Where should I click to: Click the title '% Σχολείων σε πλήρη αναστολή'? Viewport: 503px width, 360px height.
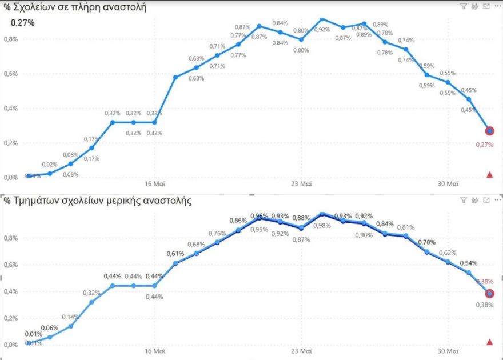click(x=75, y=7)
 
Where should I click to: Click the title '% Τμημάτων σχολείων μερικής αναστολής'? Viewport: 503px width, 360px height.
click(x=98, y=201)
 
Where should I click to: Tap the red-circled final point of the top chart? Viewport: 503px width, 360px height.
click(x=489, y=131)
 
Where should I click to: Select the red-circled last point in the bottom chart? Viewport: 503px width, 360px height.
click(x=489, y=294)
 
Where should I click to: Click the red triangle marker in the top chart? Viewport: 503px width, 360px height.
click(x=489, y=174)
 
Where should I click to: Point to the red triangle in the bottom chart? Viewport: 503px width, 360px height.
click(x=489, y=342)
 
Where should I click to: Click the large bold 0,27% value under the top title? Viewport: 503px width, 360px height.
click(x=23, y=23)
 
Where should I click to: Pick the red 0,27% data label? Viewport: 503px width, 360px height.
click(x=484, y=145)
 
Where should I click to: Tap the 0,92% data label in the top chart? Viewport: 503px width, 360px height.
click(x=322, y=29)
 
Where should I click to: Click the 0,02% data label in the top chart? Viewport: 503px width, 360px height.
click(x=50, y=165)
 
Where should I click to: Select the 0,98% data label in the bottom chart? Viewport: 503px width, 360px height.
click(x=322, y=241)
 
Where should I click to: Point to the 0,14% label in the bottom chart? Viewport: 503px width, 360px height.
click(x=71, y=317)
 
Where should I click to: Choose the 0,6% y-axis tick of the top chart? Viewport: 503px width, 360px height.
click(x=11, y=74)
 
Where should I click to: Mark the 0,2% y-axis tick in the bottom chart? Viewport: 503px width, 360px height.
click(x=11, y=318)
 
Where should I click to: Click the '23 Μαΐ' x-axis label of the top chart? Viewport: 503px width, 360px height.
click(x=301, y=184)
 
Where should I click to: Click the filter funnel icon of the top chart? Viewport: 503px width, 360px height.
click(x=464, y=6)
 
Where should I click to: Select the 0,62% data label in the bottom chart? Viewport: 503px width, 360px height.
click(x=448, y=253)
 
